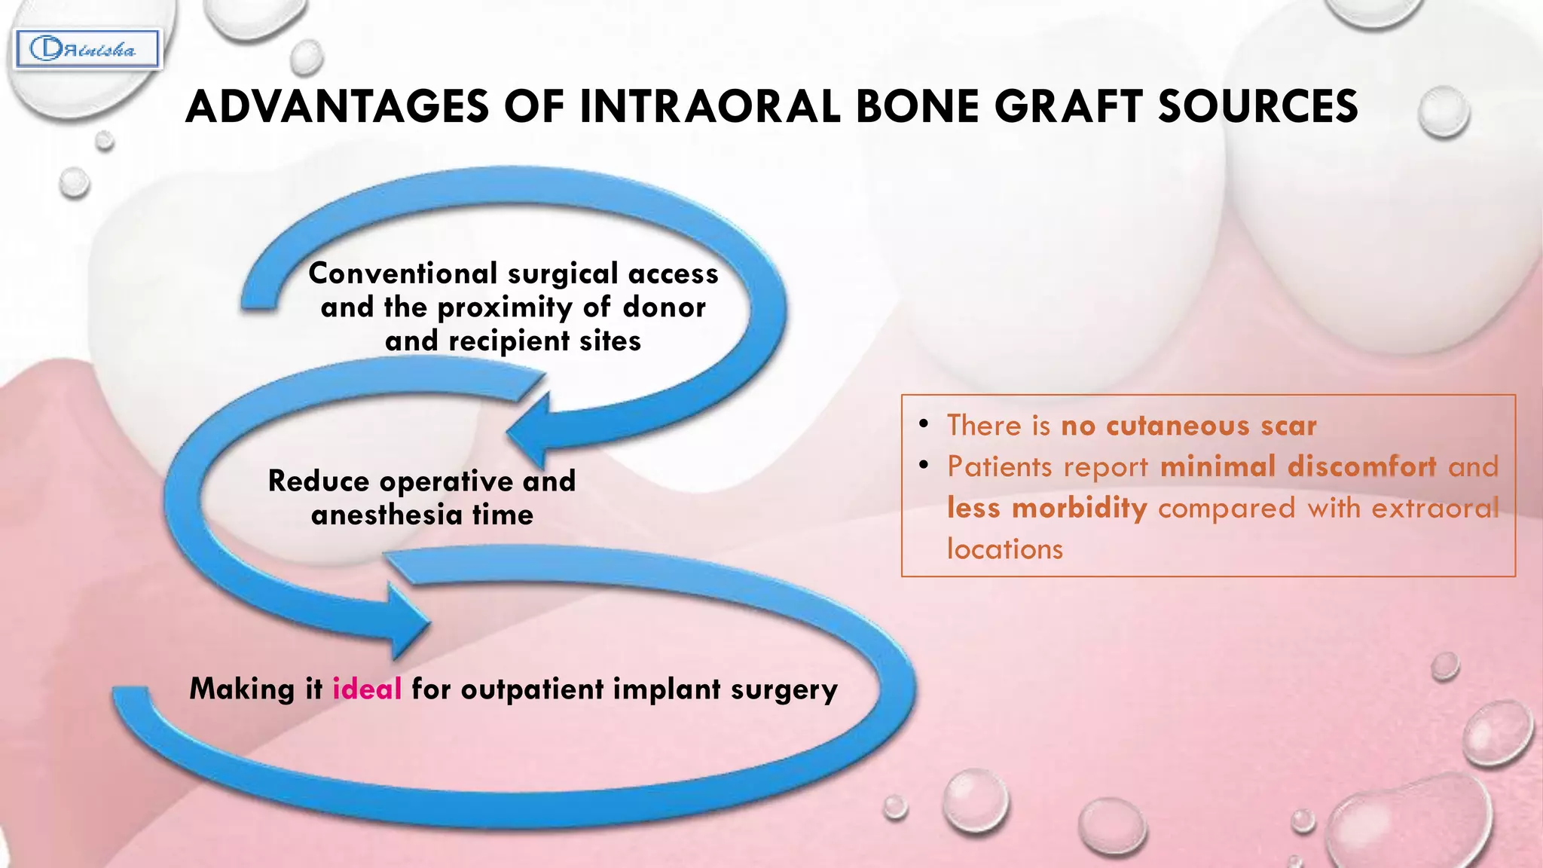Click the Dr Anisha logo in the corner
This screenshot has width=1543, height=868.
click(x=87, y=50)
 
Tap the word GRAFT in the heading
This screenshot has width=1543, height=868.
click(x=1068, y=106)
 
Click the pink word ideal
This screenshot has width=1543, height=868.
click(x=367, y=689)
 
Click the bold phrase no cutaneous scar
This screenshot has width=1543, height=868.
click(x=1188, y=426)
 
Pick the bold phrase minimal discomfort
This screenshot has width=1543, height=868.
click(x=1297, y=466)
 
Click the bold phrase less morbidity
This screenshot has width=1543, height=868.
click(x=1046, y=508)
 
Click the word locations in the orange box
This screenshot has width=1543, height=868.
click(x=1004, y=549)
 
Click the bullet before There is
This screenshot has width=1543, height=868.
click(x=923, y=424)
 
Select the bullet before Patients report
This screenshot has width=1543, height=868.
click(x=923, y=465)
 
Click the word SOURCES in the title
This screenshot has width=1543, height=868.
click(x=1257, y=106)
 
